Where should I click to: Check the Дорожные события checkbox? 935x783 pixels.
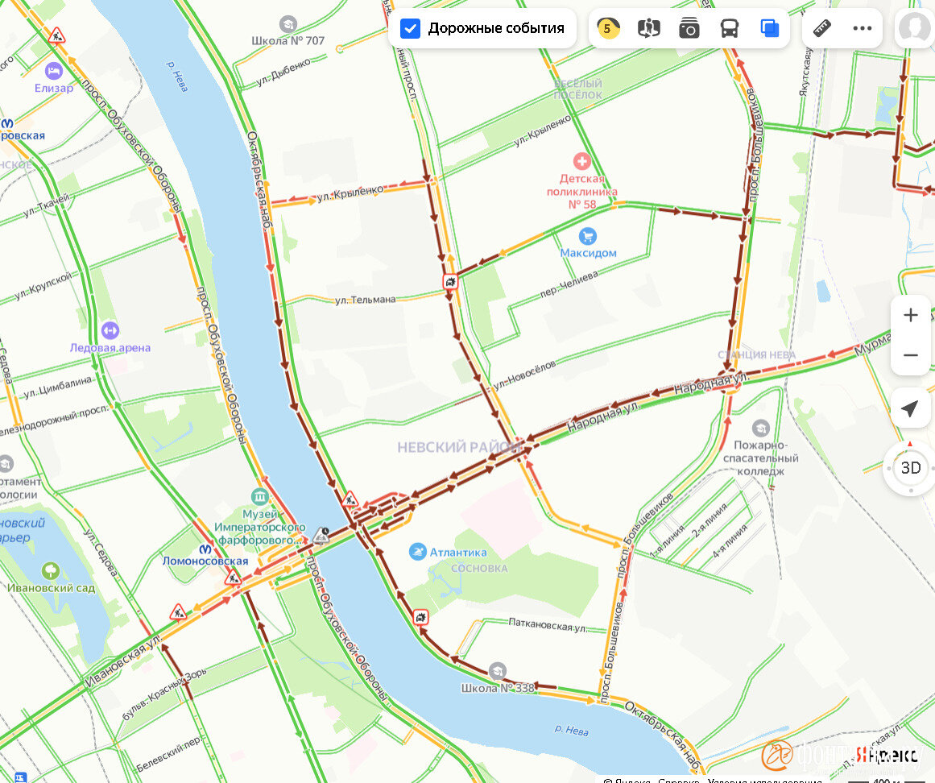[x=411, y=29]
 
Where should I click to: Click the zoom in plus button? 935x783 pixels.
[x=910, y=315]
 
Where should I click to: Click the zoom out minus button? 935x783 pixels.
[x=910, y=355]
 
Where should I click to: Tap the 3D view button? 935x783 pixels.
[x=910, y=468]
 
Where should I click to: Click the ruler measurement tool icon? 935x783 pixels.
[x=821, y=29]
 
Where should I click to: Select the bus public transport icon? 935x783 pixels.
[x=729, y=29]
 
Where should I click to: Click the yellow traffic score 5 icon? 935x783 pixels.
[x=608, y=29]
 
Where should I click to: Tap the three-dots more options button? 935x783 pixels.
[x=863, y=29]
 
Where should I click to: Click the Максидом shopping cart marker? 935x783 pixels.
[x=588, y=236]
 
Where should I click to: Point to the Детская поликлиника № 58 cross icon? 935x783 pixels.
[x=581, y=161]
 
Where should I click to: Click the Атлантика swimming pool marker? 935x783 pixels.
[x=417, y=552]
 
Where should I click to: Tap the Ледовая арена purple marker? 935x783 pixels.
[x=110, y=330]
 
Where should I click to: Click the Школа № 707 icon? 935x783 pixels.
[x=288, y=24]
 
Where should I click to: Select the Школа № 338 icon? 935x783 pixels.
[x=498, y=670]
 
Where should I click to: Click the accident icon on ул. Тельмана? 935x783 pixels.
[x=450, y=282]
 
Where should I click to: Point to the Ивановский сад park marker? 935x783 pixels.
[x=51, y=571]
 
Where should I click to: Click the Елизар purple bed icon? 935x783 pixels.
[x=54, y=71]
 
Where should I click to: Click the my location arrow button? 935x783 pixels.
[x=910, y=408]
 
